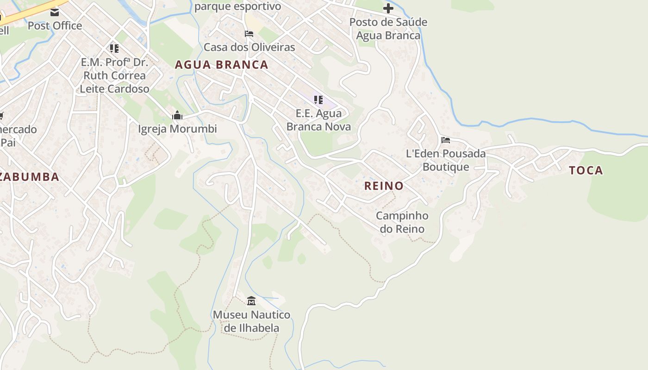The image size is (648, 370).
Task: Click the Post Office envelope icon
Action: (55, 12)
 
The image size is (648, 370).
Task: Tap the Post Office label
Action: (55, 26)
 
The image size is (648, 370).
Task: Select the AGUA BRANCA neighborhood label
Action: (221, 65)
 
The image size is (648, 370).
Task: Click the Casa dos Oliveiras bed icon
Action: (249, 34)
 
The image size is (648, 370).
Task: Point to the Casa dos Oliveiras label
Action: (249, 47)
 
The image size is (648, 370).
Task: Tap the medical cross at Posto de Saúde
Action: (388, 8)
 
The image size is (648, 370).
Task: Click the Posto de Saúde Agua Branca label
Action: (388, 29)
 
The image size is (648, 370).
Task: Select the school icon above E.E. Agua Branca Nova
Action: (318, 99)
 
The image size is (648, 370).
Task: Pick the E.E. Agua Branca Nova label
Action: (318, 120)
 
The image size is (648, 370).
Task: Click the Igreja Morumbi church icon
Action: (177, 115)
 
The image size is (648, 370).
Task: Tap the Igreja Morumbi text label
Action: (177, 129)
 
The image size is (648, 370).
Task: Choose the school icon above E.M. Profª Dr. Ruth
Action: (114, 48)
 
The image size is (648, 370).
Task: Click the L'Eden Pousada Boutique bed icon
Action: (445, 140)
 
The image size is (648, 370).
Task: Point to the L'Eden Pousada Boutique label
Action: (446, 160)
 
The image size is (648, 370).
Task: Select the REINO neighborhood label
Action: (384, 186)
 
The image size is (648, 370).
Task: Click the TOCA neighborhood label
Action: (586, 171)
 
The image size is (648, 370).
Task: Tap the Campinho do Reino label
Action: (402, 222)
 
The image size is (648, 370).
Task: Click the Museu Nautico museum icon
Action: (251, 301)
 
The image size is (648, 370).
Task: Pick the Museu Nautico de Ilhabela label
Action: (251, 321)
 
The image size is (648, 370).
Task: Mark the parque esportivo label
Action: (237, 6)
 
